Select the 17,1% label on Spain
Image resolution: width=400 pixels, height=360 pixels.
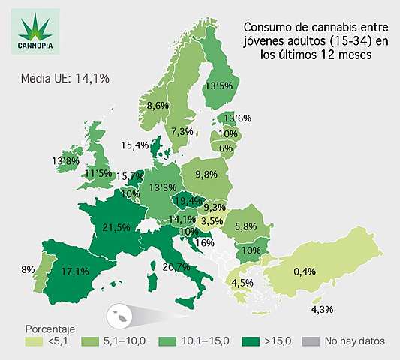point(77,270)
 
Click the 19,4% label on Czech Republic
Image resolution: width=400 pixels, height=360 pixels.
point(188,201)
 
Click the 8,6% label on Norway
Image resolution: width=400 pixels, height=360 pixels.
point(158,105)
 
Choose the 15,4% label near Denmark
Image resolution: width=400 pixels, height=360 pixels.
point(135,145)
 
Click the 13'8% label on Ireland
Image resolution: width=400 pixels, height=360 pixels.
point(66,160)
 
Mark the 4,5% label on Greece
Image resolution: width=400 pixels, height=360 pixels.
point(241,283)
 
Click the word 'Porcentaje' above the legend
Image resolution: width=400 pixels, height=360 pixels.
point(50,328)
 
